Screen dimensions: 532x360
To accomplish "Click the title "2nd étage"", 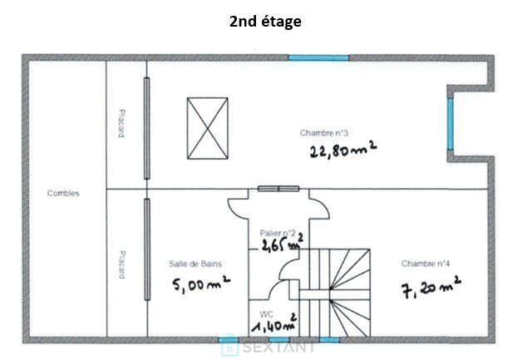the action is (265, 22).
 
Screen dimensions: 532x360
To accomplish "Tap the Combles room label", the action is (63, 193).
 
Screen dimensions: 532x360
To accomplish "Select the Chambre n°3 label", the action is (323, 133).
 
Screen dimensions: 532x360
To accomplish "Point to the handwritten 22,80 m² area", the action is (343, 150).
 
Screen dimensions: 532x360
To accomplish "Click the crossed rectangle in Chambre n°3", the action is (208, 128).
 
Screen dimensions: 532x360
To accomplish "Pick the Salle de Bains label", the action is (195, 264).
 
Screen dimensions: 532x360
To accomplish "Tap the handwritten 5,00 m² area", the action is (201, 284).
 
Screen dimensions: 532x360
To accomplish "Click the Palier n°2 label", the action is (278, 233).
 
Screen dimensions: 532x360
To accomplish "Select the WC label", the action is (266, 313).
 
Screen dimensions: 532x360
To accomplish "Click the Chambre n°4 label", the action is (426, 264).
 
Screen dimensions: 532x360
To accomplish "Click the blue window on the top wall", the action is (318, 57).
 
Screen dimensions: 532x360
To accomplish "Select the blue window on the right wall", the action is (450, 124).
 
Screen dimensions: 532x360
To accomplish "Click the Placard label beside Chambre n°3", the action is (121, 123).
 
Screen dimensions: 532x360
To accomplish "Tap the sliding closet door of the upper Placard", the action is (147, 128).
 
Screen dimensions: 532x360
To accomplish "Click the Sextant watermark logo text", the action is (278, 347).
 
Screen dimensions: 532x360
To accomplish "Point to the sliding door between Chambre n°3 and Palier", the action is (278, 189).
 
